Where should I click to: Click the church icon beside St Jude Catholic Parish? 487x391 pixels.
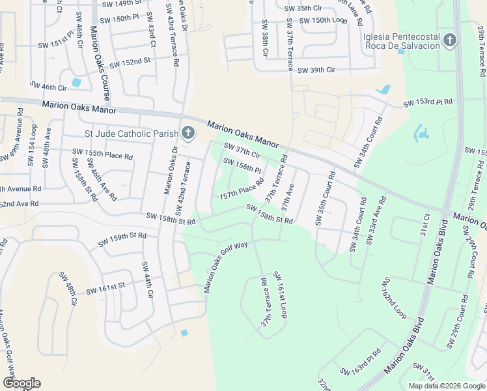188,134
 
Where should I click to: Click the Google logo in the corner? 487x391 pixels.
21,383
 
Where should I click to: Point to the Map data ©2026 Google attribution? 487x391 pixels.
447,386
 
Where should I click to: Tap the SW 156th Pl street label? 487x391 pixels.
242,166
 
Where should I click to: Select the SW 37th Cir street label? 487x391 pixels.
242,151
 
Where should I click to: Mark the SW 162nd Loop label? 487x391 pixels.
395,298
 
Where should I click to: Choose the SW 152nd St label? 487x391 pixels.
130,63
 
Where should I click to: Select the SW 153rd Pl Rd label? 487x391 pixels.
427,103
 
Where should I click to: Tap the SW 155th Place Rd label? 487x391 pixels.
102,154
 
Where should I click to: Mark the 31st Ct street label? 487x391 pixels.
426,225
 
